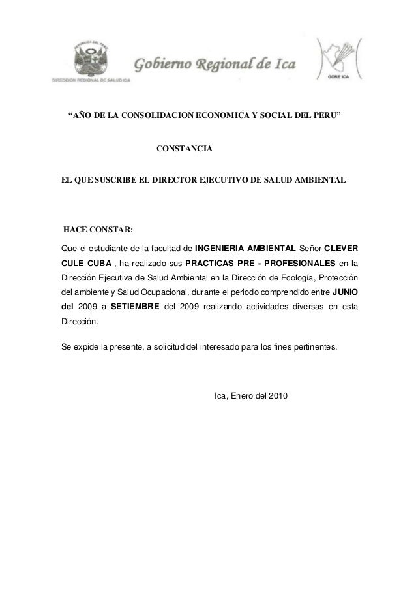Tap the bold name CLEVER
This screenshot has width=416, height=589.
coord(340,248)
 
